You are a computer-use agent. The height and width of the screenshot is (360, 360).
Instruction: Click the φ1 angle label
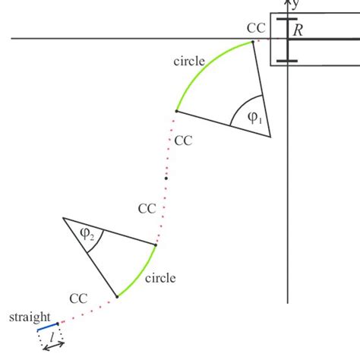pyautogui.click(x=254, y=118)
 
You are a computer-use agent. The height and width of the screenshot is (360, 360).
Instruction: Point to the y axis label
pyautogui.click(x=295, y=5)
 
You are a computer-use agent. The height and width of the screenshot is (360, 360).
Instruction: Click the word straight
pyautogui.click(x=30, y=316)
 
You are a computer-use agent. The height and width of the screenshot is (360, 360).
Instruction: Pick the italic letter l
pyautogui.click(x=52, y=336)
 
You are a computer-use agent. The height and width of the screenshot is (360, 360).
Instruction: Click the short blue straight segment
pyautogui.click(x=47, y=327)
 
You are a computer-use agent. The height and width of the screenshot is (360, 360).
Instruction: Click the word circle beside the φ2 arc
pyautogui.click(x=159, y=278)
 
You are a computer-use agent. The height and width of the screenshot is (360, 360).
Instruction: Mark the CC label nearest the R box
pyautogui.click(x=256, y=28)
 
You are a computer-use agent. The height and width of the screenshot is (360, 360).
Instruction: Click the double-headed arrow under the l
pyautogui.click(x=53, y=346)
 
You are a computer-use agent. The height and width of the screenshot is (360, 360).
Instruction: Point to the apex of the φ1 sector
pyautogui.click(x=270, y=137)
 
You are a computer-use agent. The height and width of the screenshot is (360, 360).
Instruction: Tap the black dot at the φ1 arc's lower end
pyautogui.click(x=176, y=111)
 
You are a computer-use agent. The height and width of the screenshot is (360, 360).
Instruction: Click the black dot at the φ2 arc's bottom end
pyautogui.click(x=117, y=296)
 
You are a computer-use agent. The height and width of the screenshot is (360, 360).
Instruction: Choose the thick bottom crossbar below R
pyautogui.click(x=287, y=59)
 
